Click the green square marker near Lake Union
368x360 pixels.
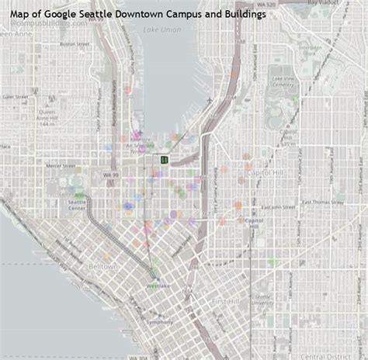165,159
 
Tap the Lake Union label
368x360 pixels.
158,29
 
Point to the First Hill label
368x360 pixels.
224,300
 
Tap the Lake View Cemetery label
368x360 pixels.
283,81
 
